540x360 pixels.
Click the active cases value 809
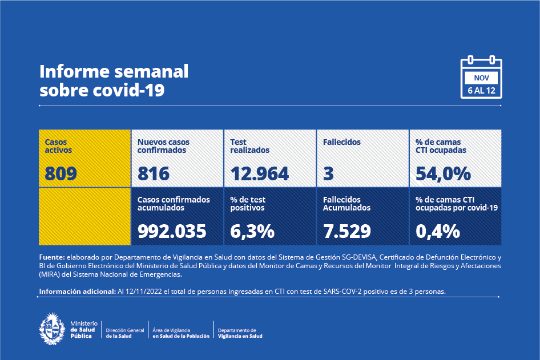coord(61,173)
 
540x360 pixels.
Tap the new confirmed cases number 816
coord(154,173)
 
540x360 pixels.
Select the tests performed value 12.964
coord(260,173)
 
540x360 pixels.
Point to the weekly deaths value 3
coord(328,173)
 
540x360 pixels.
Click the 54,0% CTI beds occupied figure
coord(443,173)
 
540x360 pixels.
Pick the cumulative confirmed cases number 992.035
coord(172,231)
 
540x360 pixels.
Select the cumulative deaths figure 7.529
coord(346,231)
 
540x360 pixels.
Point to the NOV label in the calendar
coord(481,78)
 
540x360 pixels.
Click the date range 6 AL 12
coord(481,91)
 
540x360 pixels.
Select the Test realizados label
coord(249,146)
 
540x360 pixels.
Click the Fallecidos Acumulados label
coord(346,204)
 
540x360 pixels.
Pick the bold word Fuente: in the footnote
coord(52,257)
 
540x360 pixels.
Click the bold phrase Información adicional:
coord(77,292)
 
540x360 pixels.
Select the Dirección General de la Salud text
coord(125,333)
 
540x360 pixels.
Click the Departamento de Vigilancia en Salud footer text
coord(240,333)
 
